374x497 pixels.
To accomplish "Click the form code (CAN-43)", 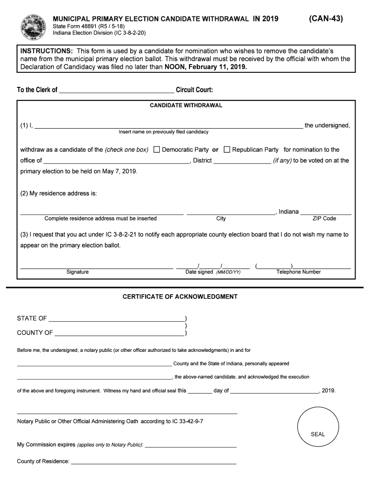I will tap(326, 18).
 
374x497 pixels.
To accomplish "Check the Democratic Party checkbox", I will tap(156, 149).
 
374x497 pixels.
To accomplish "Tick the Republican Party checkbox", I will tap(227, 149).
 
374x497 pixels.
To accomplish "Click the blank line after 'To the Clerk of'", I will tap(116, 90).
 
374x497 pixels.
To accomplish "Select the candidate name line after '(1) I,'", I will tap(169, 126).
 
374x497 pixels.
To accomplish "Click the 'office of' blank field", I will tap(116, 161).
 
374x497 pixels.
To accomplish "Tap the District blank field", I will tap(242, 161).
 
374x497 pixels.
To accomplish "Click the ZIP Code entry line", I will tap(326, 212).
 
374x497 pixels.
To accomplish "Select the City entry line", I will tap(231, 212).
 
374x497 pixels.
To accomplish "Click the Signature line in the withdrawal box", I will tap(96, 266).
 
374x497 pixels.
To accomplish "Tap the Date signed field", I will tap(213, 266).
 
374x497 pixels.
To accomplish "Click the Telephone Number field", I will tap(303, 266).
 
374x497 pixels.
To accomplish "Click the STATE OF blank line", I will tap(117, 319).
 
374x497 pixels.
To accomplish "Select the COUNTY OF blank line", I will tap(119, 333).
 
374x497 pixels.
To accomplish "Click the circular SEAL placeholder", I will tap(318, 428).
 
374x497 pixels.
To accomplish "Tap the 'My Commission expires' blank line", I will tap(191, 445).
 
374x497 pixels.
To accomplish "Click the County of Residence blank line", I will tap(153, 462).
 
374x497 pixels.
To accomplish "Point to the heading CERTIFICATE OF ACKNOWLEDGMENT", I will tap(180, 297).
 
